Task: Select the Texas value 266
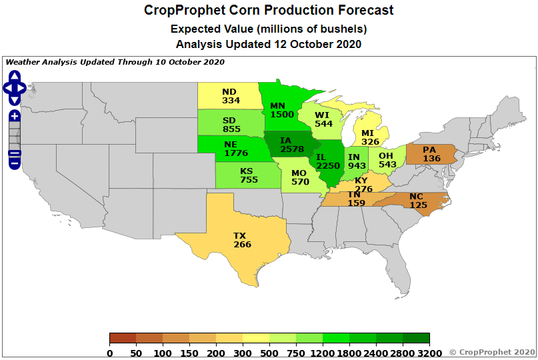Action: [243, 245]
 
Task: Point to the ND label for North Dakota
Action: [229, 91]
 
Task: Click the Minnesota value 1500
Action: [282, 114]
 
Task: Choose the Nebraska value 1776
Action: [236, 153]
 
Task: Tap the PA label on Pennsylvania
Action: [429, 150]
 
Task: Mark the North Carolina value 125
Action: [418, 205]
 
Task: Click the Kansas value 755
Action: [249, 179]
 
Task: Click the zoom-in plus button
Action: [15, 116]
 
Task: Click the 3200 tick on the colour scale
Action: [429, 353]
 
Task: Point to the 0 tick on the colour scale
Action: [110, 353]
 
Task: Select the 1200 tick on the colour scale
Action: [323, 353]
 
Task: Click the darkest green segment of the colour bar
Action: [416, 338]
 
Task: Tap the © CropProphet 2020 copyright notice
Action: [492, 351]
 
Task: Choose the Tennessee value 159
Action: [356, 203]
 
